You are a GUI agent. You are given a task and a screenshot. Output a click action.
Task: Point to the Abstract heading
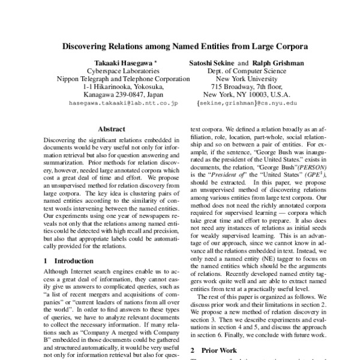coord(112,129)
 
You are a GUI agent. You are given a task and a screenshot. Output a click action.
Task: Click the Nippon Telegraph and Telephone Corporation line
coord(116,78)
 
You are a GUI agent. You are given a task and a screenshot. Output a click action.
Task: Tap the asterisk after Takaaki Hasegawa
coord(156,61)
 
